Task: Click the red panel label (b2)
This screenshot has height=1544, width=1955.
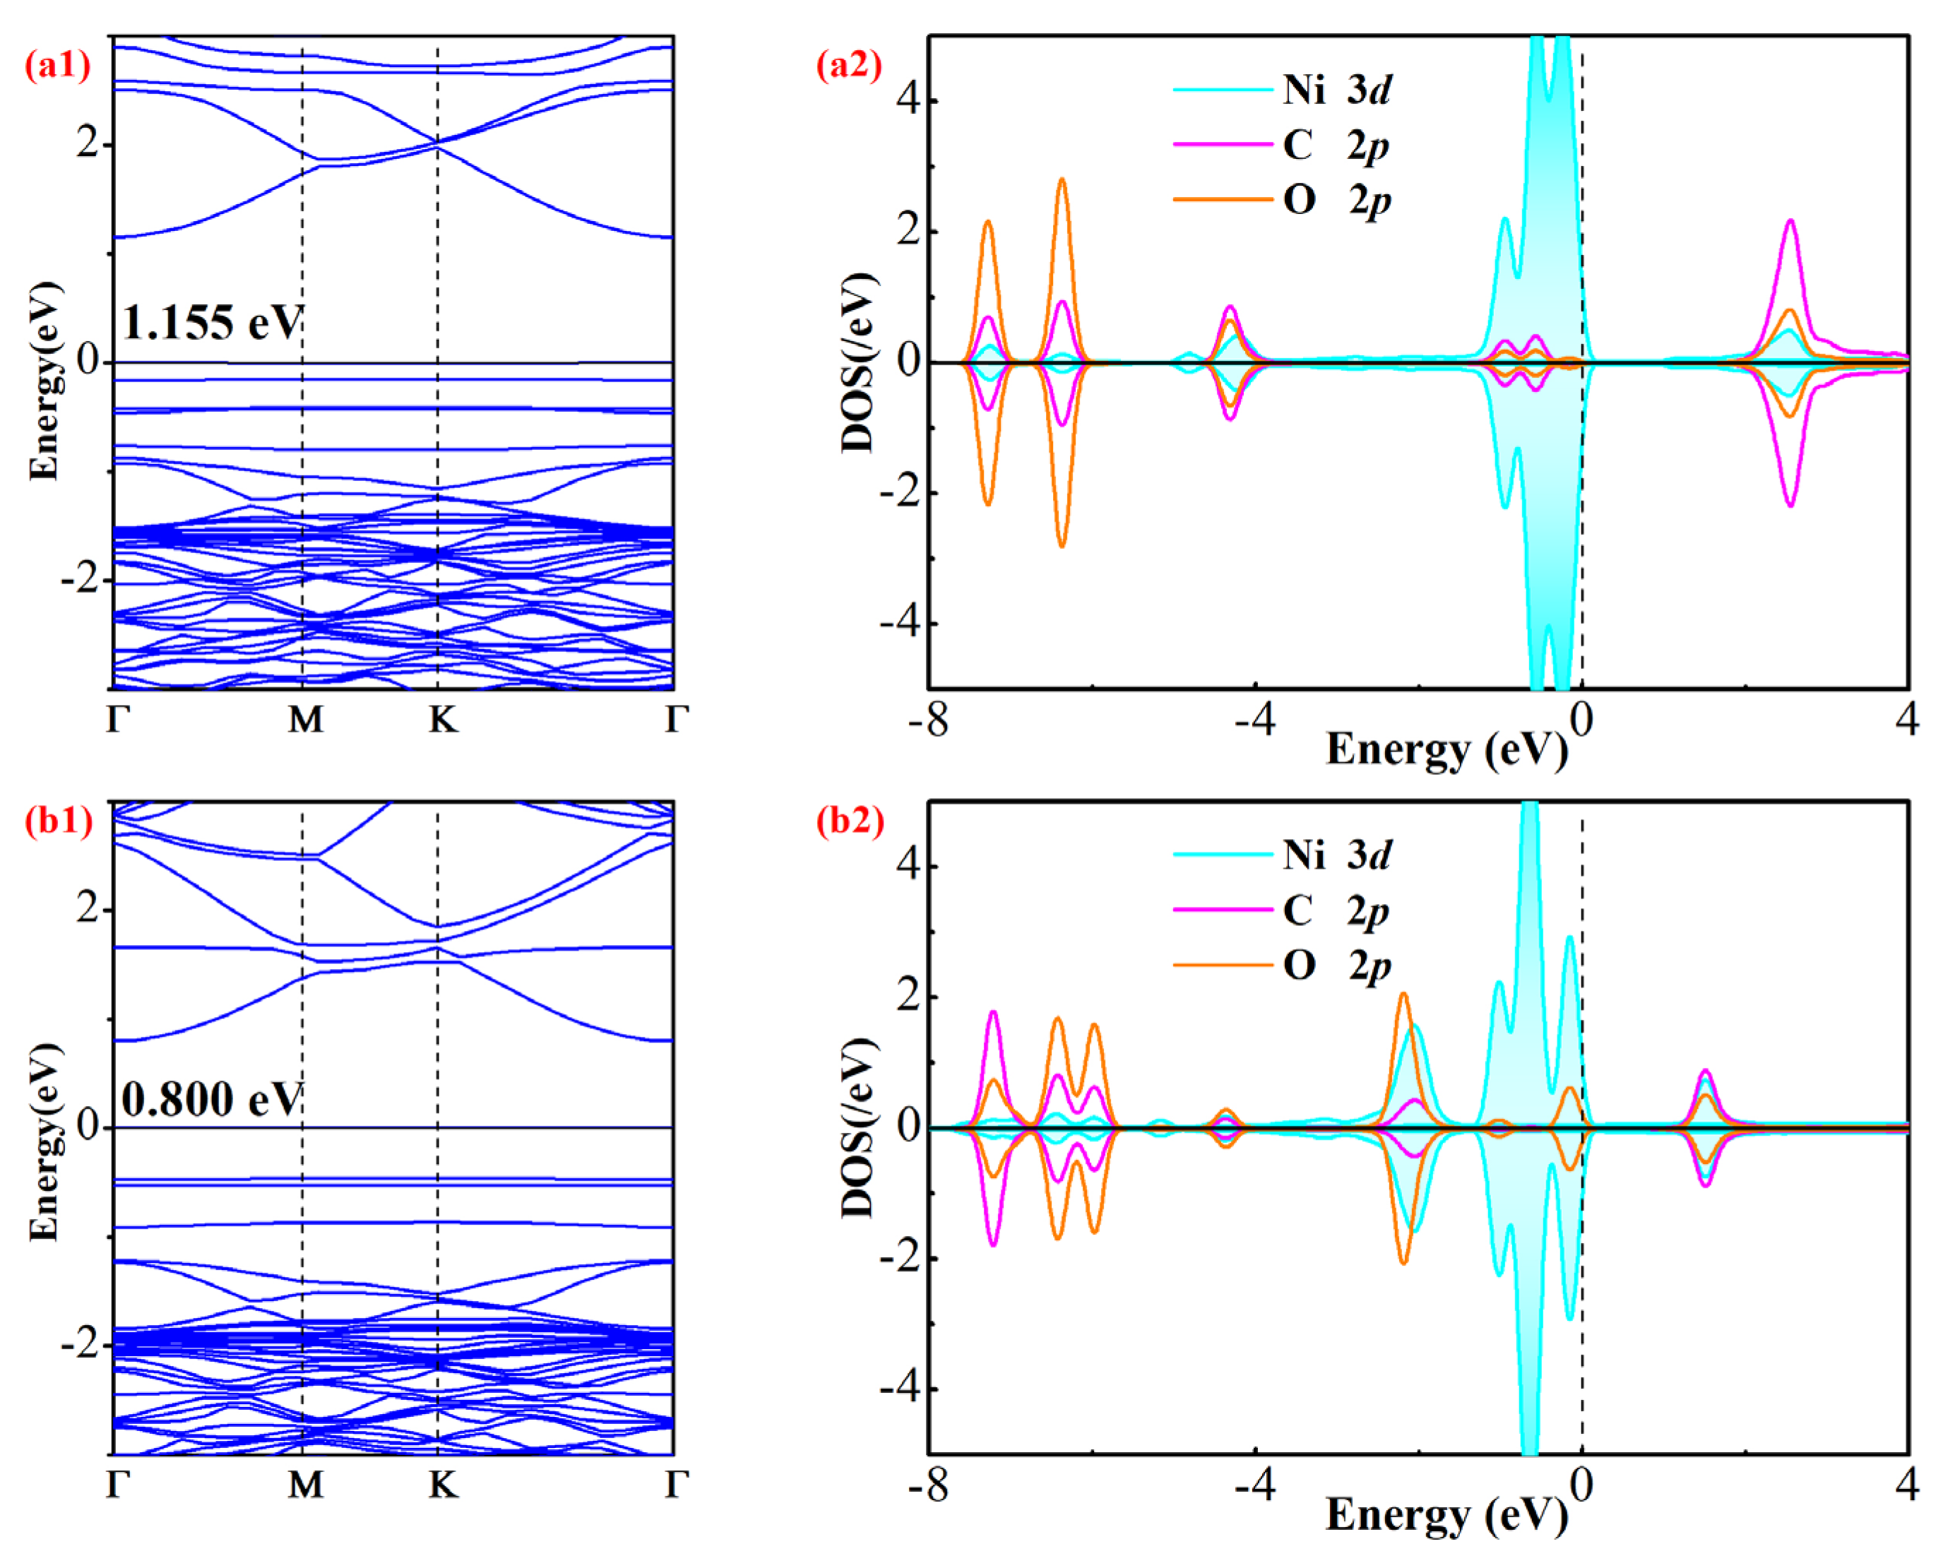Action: click(x=849, y=820)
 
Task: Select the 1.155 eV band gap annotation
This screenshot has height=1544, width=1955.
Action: click(x=213, y=323)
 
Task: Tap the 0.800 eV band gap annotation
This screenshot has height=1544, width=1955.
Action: click(x=213, y=1099)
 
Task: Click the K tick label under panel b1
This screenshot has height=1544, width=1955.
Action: click(x=443, y=1485)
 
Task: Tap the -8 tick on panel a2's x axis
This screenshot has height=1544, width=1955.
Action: click(x=928, y=720)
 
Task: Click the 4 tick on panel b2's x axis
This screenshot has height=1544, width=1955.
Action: click(x=1907, y=1485)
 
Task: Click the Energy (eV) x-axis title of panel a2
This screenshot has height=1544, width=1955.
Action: click(x=1446, y=749)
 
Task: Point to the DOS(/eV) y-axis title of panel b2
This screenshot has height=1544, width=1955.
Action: click(x=857, y=1127)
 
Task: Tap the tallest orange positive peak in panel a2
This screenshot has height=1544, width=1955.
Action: click(x=1062, y=180)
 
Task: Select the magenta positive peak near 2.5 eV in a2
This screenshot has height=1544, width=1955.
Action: click(x=1790, y=222)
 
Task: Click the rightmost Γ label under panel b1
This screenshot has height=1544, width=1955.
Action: click(x=676, y=1485)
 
